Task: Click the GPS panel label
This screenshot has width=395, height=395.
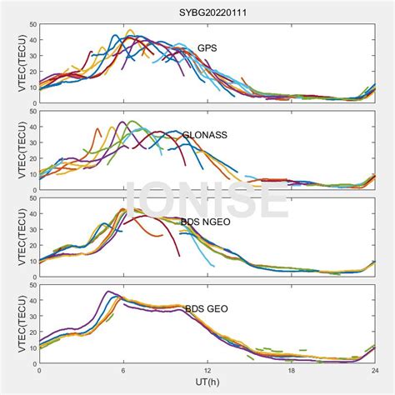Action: click(x=207, y=48)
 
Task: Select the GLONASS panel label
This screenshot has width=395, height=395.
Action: click(x=205, y=134)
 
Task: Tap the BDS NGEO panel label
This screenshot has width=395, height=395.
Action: click(x=205, y=222)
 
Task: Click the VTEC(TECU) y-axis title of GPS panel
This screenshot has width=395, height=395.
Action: click(x=11, y=63)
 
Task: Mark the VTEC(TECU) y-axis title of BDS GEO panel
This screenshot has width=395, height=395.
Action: click(x=11, y=324)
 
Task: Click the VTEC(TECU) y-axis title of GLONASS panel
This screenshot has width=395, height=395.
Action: click(x=11, y=151)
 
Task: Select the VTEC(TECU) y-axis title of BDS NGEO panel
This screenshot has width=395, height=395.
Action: click(x=11, y=237)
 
